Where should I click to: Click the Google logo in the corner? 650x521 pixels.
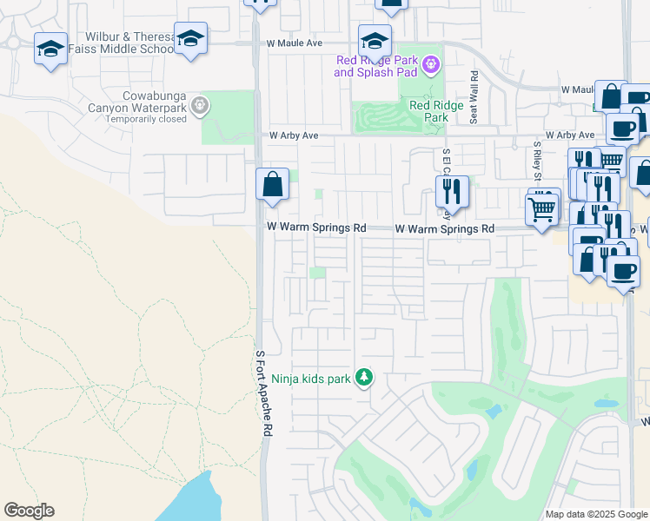pyautogui.click(x=29, y=511)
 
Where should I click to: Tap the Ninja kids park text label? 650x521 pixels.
pyautogui.click(x=313, y=378)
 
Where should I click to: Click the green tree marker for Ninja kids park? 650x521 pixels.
pyautogui.click(x=365, y=378)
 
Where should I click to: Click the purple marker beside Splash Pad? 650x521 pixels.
pyautogui.click(x=429, y=64)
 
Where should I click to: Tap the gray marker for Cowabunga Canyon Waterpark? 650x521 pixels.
pyautogui.click(x=200, y=106)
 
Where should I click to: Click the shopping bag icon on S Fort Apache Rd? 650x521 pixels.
pyautogui.click(x=272, y=185)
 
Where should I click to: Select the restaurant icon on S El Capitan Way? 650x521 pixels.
pyautogui.click(x=452, y=192)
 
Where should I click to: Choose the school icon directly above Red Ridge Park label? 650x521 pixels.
pyautogui.click(x=375, y=40)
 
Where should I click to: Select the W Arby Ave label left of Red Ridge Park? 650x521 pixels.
pyautogui.click(x=294, y=136)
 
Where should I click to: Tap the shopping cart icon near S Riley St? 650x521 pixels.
pyautogui.click(x=542, y=209)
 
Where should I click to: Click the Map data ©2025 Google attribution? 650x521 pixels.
pyautogui.click(x=597, y=514)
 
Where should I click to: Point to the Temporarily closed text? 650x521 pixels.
pyautogui.click(x=146, y=119)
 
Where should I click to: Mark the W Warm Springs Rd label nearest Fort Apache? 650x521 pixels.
pyautogui.click(x=315, y=228)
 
